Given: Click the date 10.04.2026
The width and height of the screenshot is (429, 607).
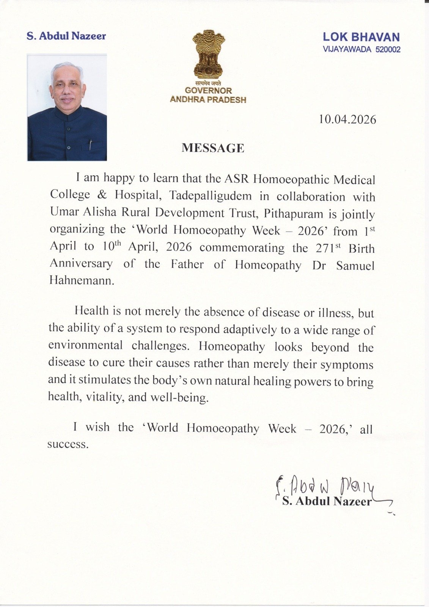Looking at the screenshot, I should coord(347,120).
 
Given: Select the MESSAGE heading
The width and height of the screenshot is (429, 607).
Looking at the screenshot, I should coord(213,148).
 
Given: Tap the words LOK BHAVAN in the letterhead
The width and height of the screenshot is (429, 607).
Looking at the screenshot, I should coord(361,37).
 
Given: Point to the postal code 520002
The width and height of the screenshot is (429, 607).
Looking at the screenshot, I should coord(388,49).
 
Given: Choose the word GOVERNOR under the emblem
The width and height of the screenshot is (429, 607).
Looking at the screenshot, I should coord(208,91).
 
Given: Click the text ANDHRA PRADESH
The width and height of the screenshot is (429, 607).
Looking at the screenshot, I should coord(208,100).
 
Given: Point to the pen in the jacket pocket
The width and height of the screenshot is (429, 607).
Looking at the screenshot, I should coord(90,145).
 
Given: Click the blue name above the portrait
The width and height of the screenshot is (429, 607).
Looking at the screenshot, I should coord(66,36).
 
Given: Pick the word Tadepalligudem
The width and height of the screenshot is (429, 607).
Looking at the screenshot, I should coord(210,196).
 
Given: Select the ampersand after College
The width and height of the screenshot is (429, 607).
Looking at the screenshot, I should coord(102,195).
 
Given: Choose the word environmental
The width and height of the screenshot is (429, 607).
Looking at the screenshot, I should coord(85,345).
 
